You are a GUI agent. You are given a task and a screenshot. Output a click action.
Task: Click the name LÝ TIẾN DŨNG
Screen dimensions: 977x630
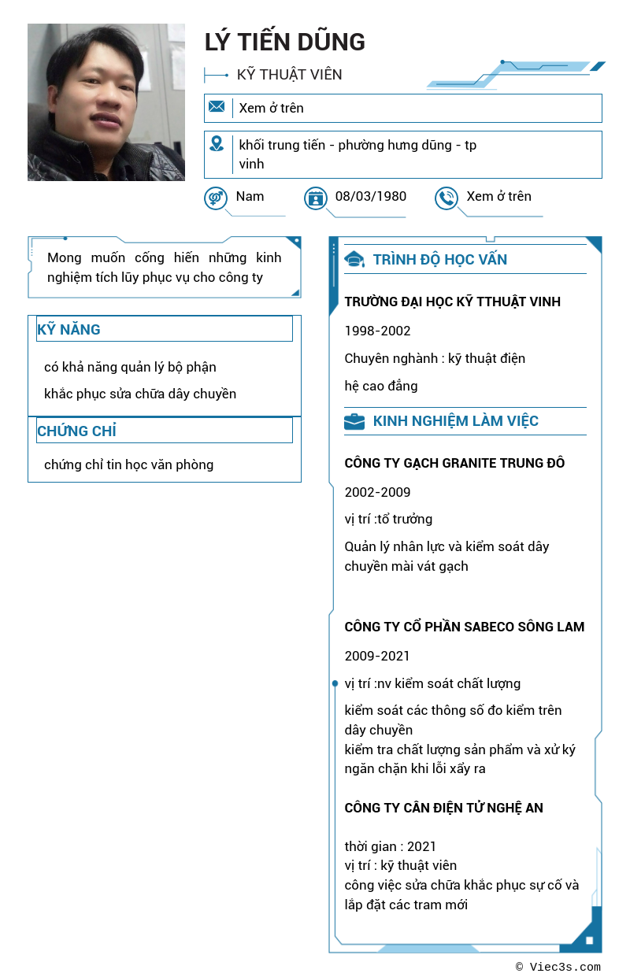pos(284,42)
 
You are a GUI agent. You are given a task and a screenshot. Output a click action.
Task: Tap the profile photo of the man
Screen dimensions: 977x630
pos(106,102)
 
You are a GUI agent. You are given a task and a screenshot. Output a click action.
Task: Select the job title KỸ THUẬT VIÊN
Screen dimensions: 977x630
pos(289,75)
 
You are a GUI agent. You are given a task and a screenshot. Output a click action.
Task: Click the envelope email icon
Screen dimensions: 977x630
pos(217,107)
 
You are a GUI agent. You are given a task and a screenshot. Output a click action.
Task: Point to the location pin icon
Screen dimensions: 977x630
pos(217,144)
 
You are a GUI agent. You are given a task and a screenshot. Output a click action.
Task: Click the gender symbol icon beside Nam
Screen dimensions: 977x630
pos(215,198)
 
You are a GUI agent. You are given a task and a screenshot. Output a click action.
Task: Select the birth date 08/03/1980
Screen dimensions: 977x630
pos(370,196)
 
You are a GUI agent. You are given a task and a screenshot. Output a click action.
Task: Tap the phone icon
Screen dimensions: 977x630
pos(446,198)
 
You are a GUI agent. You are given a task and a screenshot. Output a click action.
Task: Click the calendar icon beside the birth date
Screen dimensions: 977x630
pos(315,198)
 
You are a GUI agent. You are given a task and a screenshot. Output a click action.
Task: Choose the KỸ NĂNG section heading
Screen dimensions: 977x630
pos(69,329)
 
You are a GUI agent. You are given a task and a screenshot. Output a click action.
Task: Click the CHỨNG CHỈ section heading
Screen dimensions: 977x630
pos(76,431)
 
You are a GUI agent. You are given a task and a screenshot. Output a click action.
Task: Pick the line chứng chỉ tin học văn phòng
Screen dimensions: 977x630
pos(128,464)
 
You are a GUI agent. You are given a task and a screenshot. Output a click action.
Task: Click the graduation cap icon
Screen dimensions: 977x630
pos(354,259)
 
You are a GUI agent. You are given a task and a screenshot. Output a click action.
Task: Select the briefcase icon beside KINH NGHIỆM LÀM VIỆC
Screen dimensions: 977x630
pos(354,421)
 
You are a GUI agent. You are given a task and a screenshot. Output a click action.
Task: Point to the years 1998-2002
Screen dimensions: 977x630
pos(377,331)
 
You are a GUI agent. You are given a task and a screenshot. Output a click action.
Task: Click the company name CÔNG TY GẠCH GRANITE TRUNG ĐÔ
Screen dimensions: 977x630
pos(454,463)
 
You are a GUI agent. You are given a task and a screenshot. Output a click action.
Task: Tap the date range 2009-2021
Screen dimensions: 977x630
pos(377,656)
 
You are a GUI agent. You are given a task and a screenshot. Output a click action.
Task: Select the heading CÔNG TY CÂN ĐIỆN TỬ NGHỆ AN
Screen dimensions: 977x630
pos(443,808)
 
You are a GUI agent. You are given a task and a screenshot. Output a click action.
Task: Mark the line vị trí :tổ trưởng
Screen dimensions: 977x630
pos(388,519)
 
